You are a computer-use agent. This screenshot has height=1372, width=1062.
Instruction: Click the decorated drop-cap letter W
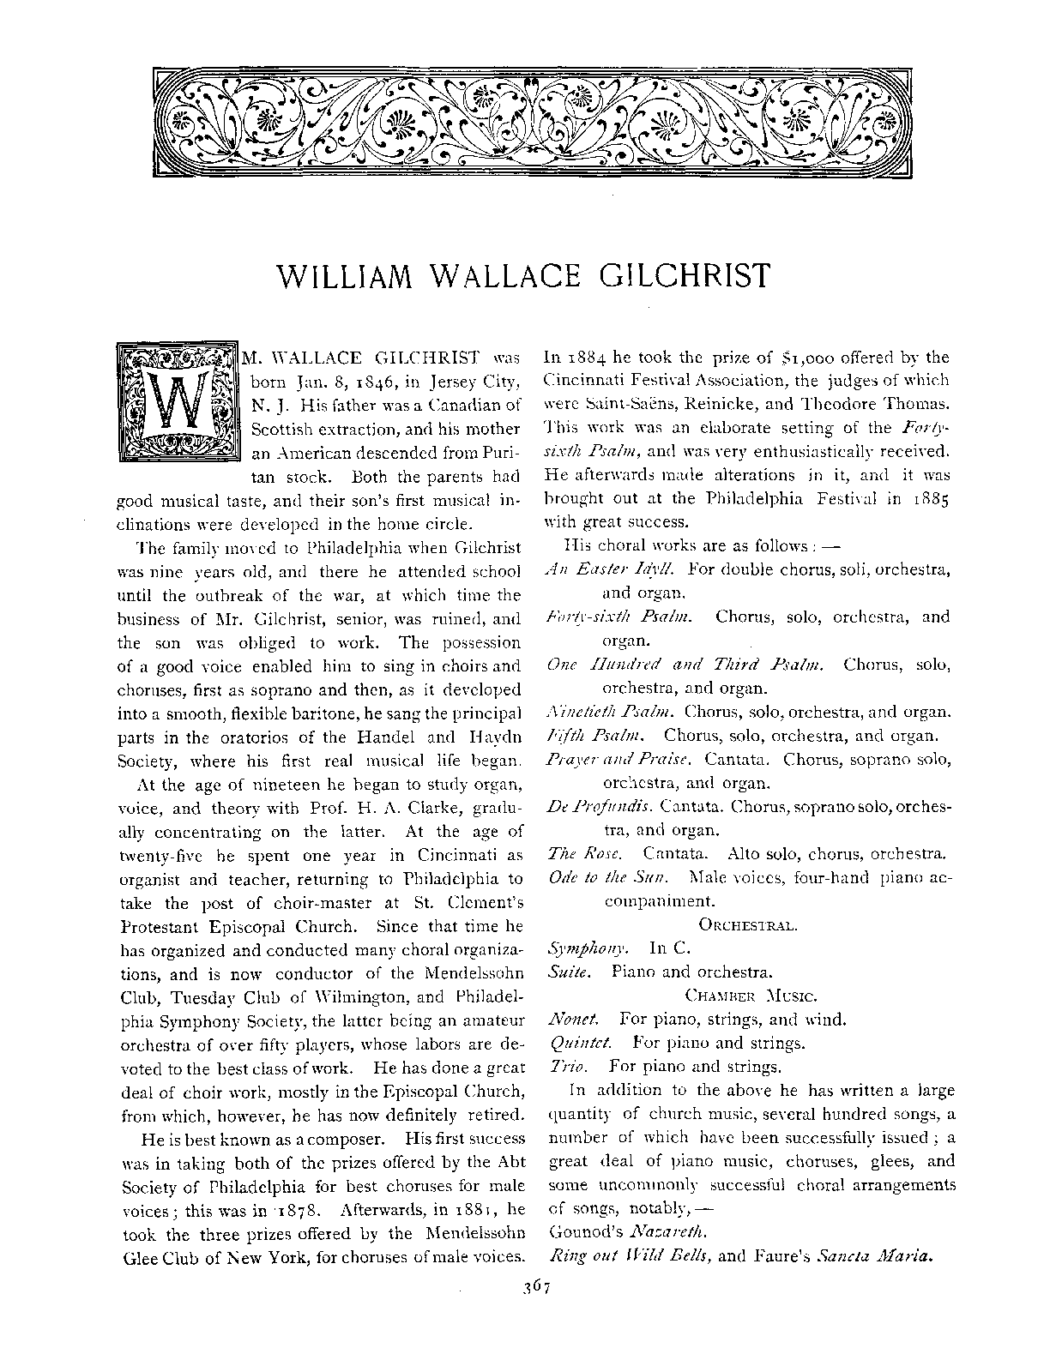(x=178, y=401)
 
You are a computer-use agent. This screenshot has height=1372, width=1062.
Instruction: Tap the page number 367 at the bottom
(x=531, y=1286)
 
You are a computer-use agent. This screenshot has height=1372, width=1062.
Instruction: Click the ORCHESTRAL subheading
(x=749, y=925)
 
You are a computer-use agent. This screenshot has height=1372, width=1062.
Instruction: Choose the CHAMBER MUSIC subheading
(x=751, y=996)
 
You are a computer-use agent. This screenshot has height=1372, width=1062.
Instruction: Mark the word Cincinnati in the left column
(x=459, y=855)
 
